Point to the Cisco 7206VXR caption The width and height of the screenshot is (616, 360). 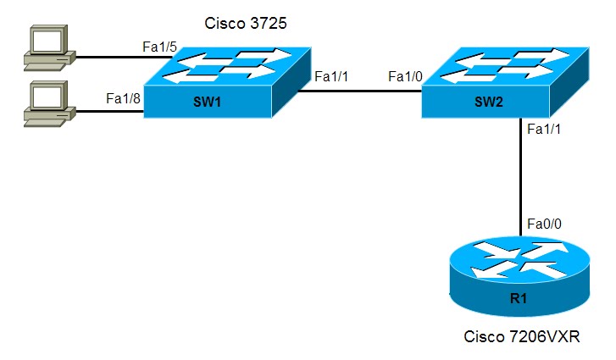coord(521,337)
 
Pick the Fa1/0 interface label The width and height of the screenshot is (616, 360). coord(405,77)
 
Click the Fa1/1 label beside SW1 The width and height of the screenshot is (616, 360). coord(331,77)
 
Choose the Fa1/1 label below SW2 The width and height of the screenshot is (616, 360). coord(544,130)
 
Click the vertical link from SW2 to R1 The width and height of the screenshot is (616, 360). coord(519,178)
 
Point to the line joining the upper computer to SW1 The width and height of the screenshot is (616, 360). coord(110,58)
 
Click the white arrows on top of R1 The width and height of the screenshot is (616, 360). coord(519,258)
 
